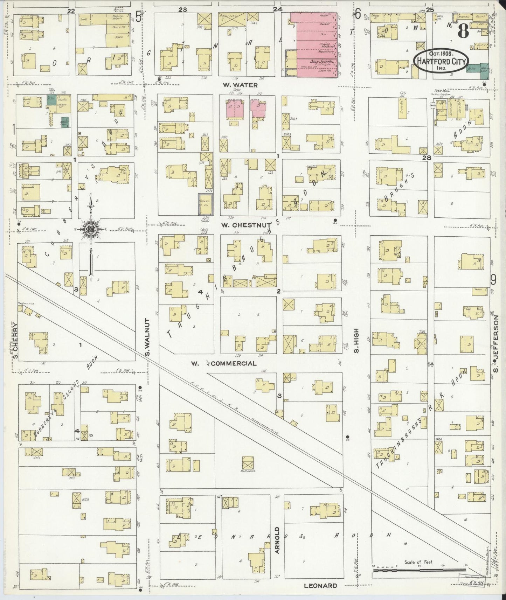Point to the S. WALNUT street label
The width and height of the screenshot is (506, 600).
[147, 338]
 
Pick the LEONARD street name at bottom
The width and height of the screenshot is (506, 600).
[320, 585]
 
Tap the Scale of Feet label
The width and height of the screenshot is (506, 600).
[419, 562]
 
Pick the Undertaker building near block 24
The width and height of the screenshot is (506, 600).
[228, 16]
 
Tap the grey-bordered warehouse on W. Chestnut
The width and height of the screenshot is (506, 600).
[205, 204]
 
